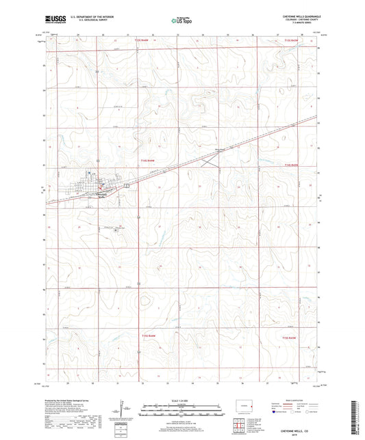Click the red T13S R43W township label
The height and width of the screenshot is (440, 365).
(291, 42)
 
